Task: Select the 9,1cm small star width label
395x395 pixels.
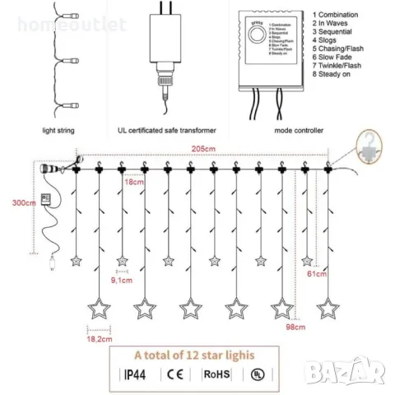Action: (123, 280)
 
